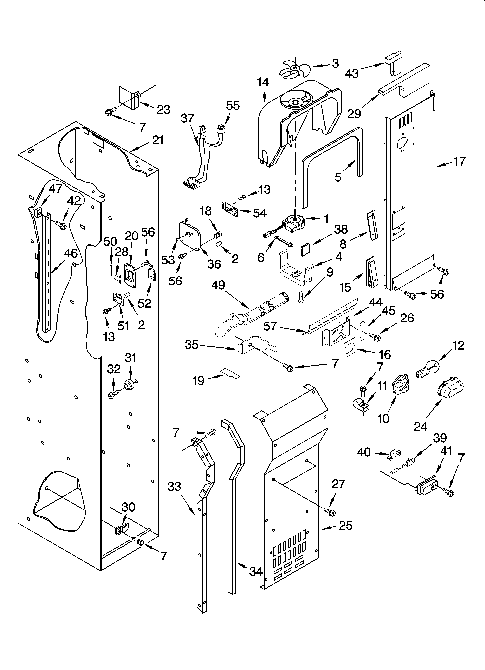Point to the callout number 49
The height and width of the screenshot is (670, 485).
coord(218,285)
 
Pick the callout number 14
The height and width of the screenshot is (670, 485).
coord(263,82)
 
